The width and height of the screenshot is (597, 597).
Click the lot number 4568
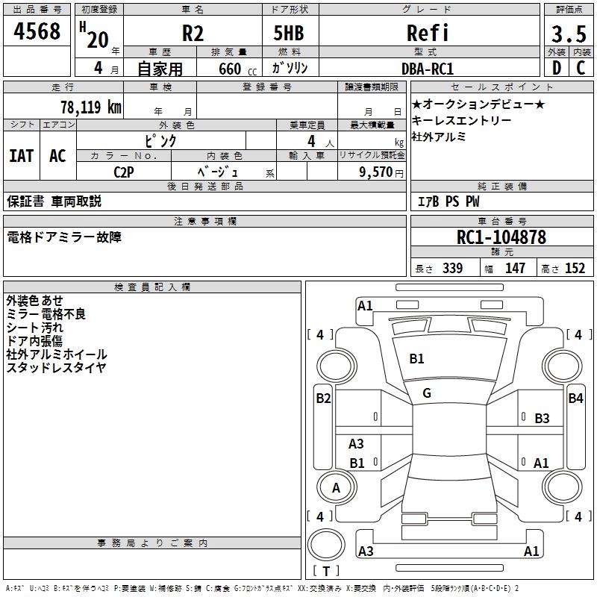37,32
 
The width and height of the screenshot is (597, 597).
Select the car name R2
193,33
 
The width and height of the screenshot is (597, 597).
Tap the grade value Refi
428,33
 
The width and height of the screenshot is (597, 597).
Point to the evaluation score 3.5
567,33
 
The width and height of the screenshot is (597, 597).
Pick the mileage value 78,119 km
90,107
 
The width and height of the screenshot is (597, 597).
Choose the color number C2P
124,171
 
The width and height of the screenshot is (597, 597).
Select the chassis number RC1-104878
501,237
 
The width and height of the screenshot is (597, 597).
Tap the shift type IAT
22,155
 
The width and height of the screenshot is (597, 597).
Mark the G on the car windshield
427,393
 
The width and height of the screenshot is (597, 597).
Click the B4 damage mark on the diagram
575,398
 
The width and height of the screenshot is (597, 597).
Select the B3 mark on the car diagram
542,419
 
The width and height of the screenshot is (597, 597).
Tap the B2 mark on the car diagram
322,398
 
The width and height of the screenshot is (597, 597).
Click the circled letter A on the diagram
336,487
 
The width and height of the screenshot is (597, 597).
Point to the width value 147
515,268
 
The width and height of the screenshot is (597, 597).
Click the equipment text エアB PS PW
448,201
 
